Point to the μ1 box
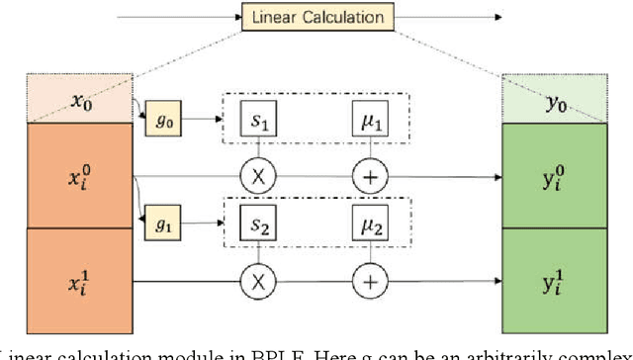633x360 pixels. point(370,125)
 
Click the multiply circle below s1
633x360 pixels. point(259,177)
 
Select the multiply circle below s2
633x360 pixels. point(259,282)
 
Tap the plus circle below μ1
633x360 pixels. point(370,177)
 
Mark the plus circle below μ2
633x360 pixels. point(370,282)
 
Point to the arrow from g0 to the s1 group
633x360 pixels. point(203,121)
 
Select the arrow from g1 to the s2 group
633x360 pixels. point(203,225)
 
